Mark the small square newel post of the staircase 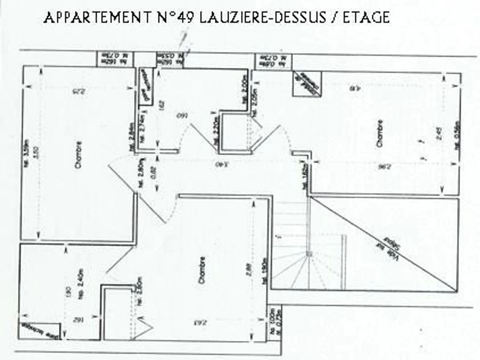pyautogui.click(x=309, y=254)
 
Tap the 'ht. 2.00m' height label pyautogui.click(x=244, y=88)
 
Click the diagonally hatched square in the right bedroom pyautogui.click(x=307, y=84)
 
